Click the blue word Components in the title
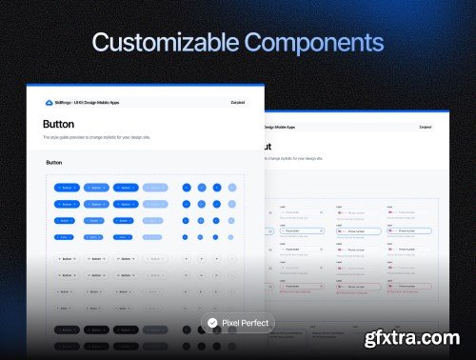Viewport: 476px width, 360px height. point(313,43)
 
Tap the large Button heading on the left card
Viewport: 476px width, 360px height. point(59,124)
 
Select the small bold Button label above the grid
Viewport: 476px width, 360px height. point(54,163)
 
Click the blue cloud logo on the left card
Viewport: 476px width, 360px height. point(49,102)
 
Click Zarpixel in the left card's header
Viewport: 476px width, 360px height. point(237,102)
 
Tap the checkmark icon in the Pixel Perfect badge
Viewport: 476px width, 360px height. point(213,323)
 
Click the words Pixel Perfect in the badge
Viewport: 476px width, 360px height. point(245,323)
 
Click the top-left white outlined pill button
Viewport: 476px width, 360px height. point(67,258)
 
